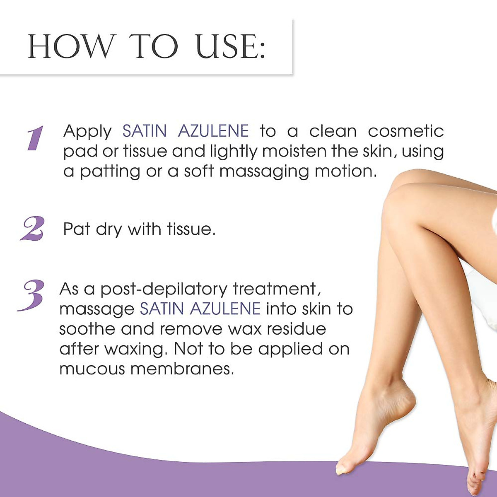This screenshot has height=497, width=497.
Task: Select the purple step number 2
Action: click(33, 229)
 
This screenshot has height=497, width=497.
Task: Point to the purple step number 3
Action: click(31, 295)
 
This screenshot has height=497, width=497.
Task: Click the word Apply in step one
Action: click(87, 132)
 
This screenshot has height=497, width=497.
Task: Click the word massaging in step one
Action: click(264, 171)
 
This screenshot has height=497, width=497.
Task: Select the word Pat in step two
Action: click(77, 229)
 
